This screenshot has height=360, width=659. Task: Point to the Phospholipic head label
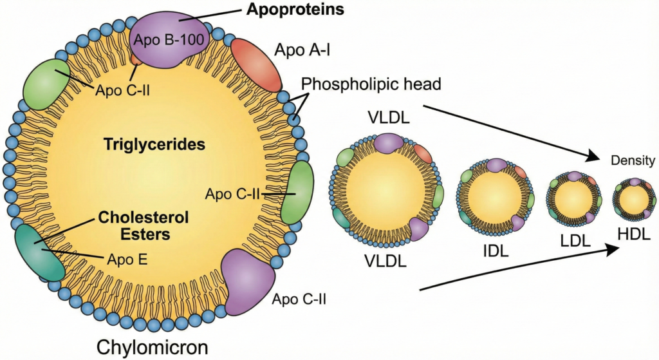click(x=371, y=84)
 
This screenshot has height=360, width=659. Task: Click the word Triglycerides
click(x=154, y=145)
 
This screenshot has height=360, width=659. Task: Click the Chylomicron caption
click(x=153, y=347)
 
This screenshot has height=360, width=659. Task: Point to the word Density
click(x=633, y=161)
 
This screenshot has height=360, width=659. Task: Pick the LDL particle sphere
click(x=573, y=197)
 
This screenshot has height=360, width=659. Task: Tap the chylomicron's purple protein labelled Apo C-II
click(x=246, y=282)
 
